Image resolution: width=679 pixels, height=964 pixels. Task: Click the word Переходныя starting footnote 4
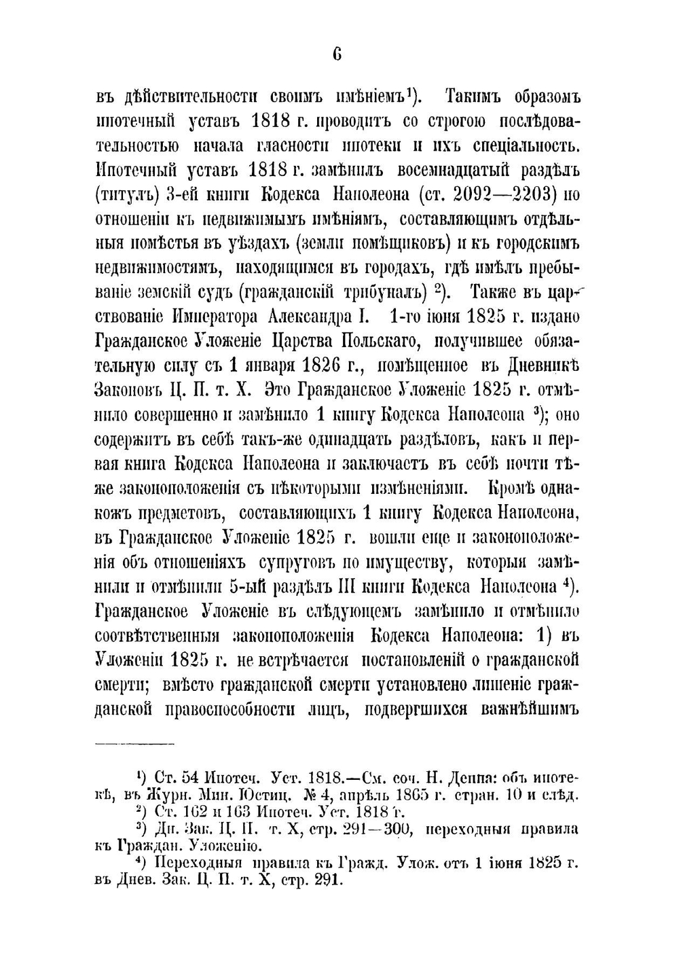(194, 863)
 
